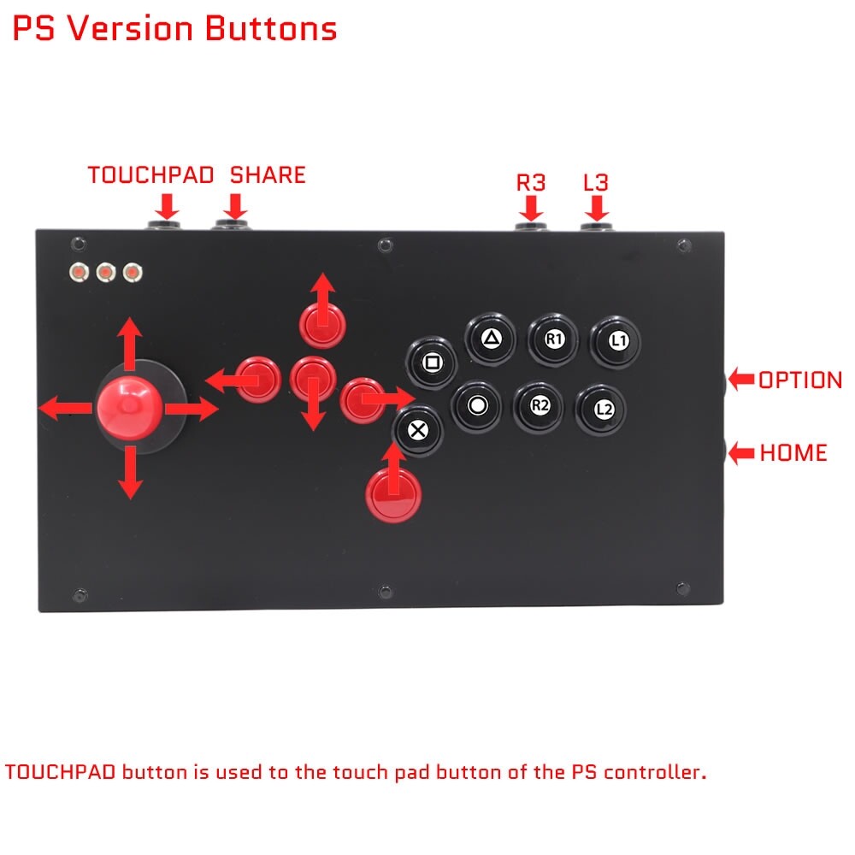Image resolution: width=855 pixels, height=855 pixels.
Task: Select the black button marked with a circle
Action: (x=478, y=405)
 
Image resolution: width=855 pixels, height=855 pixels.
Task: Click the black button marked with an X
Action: (x=417, y=429)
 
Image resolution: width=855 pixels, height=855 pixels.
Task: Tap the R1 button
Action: (x=554, y=338)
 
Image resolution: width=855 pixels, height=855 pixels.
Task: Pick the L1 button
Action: (x=618, y=340)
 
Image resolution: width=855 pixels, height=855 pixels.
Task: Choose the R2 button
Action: (x=540, y=406)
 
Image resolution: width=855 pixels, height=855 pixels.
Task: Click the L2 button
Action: (x=604, y=409)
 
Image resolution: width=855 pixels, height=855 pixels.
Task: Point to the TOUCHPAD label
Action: (x=150, y=175)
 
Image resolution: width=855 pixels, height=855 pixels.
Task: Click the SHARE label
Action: (x=268, y=175)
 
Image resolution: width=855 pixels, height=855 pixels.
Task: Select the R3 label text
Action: (x=531, y=181)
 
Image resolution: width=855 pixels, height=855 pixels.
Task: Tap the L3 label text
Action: (x=597, y=181)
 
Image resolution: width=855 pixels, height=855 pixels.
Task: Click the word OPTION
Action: (x=800, y=380)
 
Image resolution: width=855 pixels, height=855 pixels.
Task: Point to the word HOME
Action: (x=793, y=452)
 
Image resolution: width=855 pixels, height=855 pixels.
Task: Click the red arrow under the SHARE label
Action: (x=236, y=205)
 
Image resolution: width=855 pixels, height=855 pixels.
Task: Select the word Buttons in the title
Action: (x=270, y=28)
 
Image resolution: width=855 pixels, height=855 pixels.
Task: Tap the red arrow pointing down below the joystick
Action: (x=129, y=475)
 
